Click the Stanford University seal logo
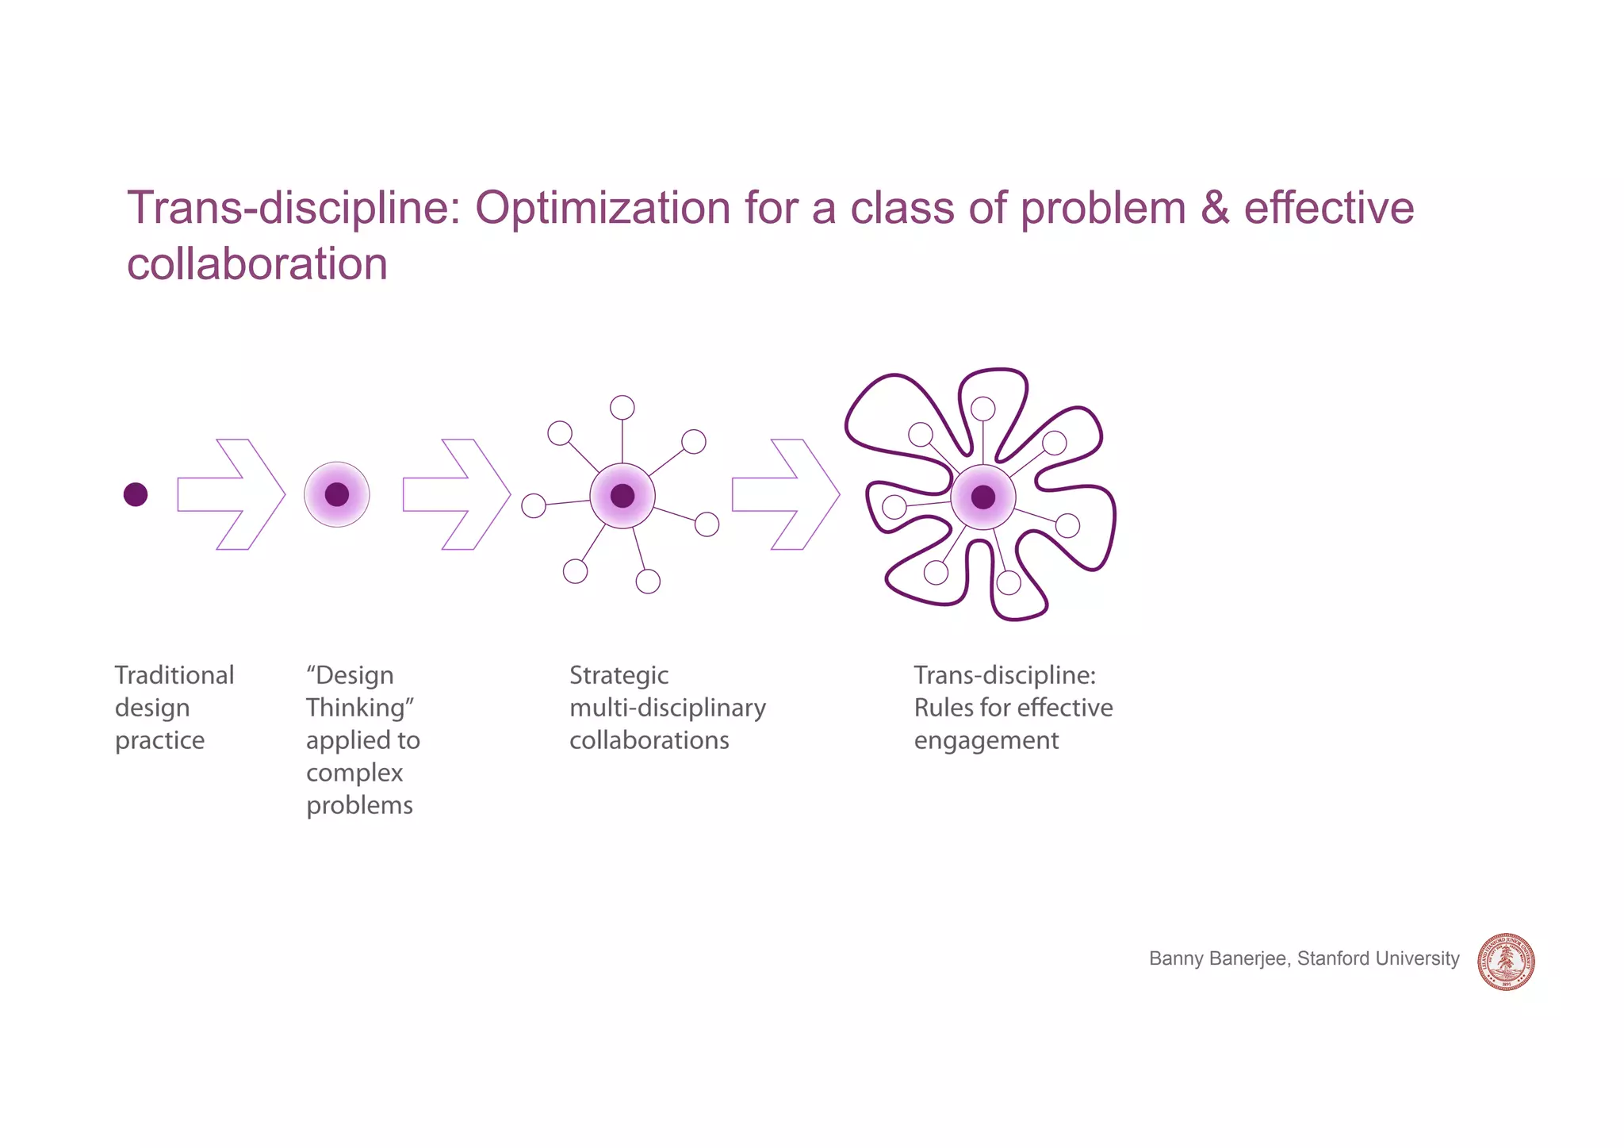point(1506,962)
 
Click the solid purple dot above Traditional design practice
point(136,494)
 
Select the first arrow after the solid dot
point(231,494)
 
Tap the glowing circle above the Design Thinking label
point(337,494)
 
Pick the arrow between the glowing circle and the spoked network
point(456,494)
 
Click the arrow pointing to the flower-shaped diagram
point(785,494)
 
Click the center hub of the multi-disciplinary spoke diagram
point(622,496)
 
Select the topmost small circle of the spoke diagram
point(622,408)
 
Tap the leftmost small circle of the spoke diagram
point(534,505)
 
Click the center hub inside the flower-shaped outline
point(983,497)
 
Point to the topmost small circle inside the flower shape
point(983,409)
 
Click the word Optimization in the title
point(603,209)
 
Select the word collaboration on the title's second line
point(257,264)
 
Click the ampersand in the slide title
point(1214,208)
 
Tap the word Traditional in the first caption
point(174,675)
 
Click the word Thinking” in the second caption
point(360,708)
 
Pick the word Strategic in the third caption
point(619,675)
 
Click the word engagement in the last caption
point(986,741)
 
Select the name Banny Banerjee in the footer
point(1217,958)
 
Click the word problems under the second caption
point(359,806)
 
